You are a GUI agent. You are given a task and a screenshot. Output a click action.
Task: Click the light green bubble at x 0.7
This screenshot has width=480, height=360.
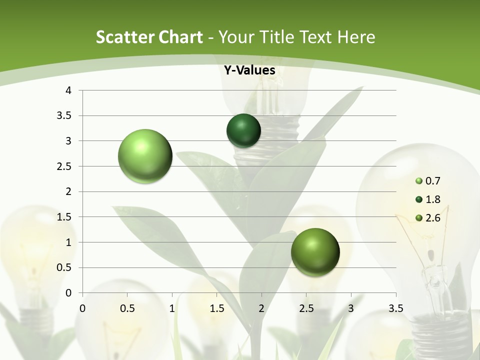coord(145,156)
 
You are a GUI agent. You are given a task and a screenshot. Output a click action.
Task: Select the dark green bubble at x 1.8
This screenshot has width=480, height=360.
coord(243,130)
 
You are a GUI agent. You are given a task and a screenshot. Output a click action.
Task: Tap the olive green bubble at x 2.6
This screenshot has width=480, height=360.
coord(315,252)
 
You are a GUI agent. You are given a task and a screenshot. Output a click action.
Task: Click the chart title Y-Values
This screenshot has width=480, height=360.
coord(249,70)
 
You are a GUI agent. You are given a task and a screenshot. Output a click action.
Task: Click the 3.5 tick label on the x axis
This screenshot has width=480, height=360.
coord(395,308)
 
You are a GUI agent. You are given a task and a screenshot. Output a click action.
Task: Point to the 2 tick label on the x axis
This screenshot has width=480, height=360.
coord(261,308)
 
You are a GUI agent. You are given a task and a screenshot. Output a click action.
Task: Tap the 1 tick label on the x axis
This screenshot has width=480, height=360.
coord(172,308)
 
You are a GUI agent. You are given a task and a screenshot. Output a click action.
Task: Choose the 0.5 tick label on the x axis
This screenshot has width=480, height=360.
coord(127,308)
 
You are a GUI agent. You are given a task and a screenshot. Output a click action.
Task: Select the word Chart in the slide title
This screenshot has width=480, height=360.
coord(180,37)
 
